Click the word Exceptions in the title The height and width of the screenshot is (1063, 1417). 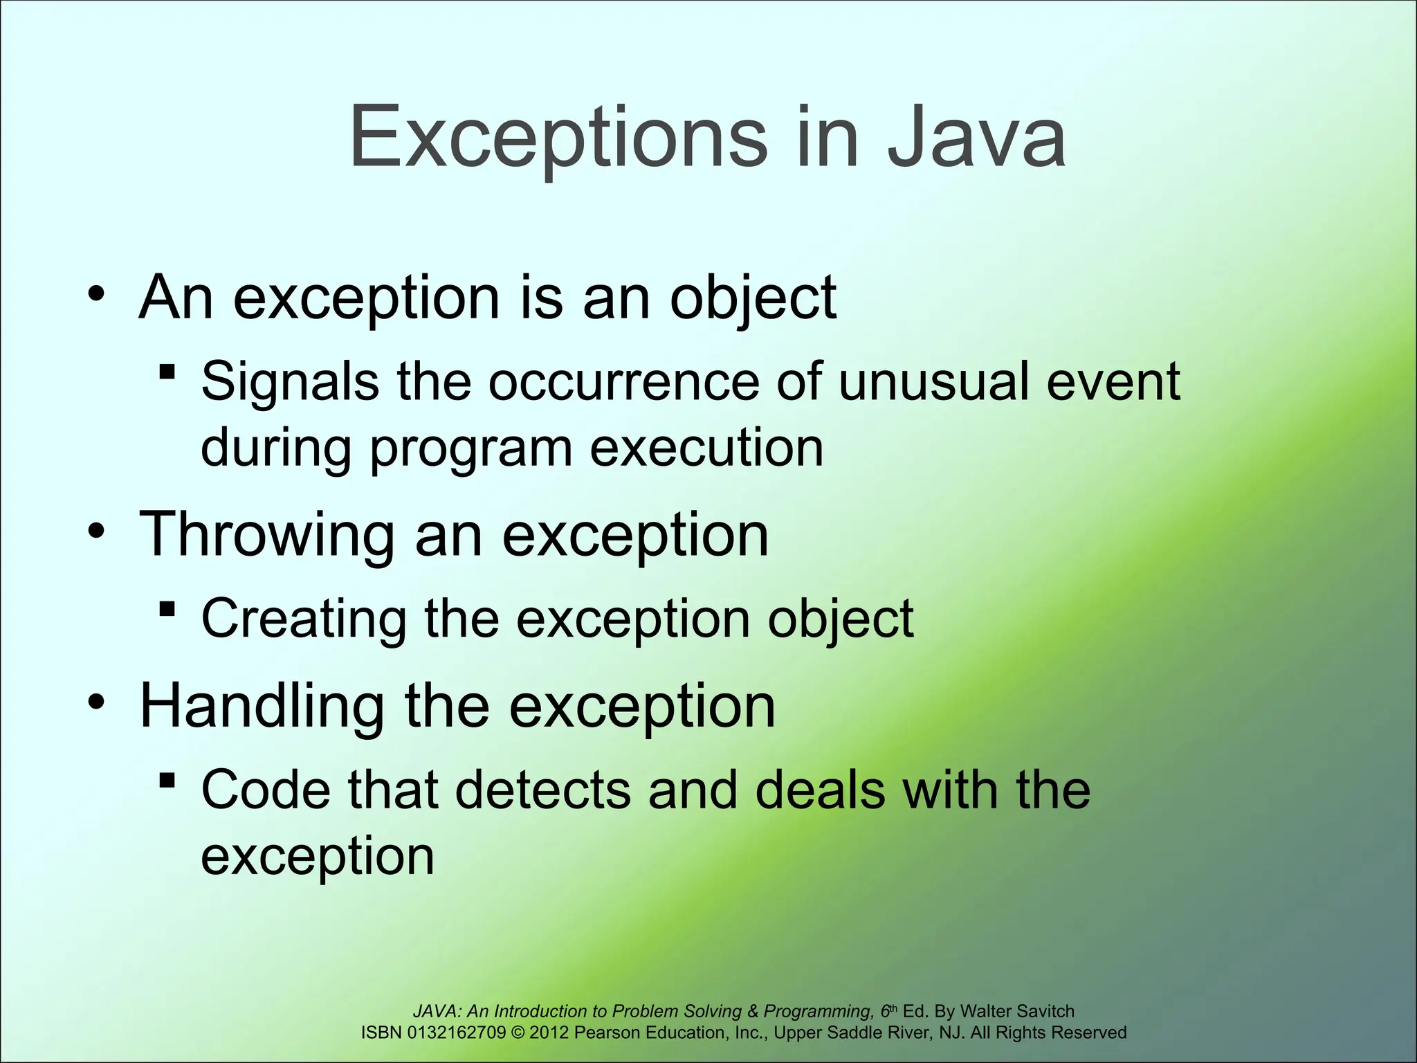coord(558,138)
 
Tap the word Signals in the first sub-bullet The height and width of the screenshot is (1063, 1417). coord(290,382)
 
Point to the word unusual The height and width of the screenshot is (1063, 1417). coord(933,382)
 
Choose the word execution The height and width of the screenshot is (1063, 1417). coord(706,448)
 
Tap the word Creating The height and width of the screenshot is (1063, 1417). coord(304,619)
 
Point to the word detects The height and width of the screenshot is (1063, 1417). coord(542,790)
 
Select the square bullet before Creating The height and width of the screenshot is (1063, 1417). coord(166,610)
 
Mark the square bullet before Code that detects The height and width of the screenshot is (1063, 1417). coord(166,781)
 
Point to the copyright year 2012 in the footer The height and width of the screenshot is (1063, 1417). coord(549,1033)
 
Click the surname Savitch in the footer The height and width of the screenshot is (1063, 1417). coord(1044,1011)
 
